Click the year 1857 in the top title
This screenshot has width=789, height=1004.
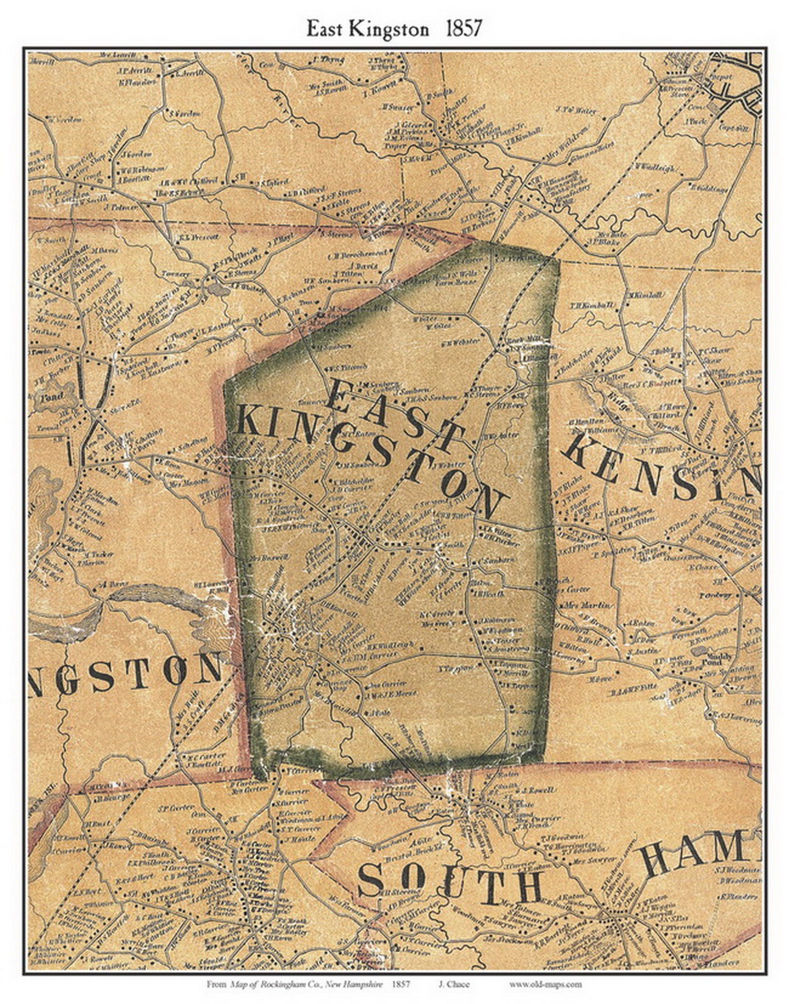pyautogui.click(x=463, y=30)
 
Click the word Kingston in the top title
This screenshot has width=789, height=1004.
pyautogui.click(x=387, y=30)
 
